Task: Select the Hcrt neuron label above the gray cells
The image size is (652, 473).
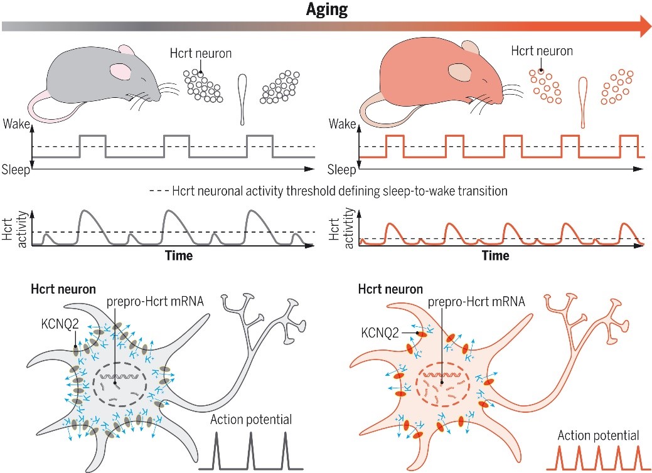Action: [200, 53]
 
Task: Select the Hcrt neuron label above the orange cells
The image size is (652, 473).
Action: [542, 51]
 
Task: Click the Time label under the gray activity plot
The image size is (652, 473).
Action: [179, 255]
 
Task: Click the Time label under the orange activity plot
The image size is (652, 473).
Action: [496, 255]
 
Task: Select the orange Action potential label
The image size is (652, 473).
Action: [599, 435]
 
